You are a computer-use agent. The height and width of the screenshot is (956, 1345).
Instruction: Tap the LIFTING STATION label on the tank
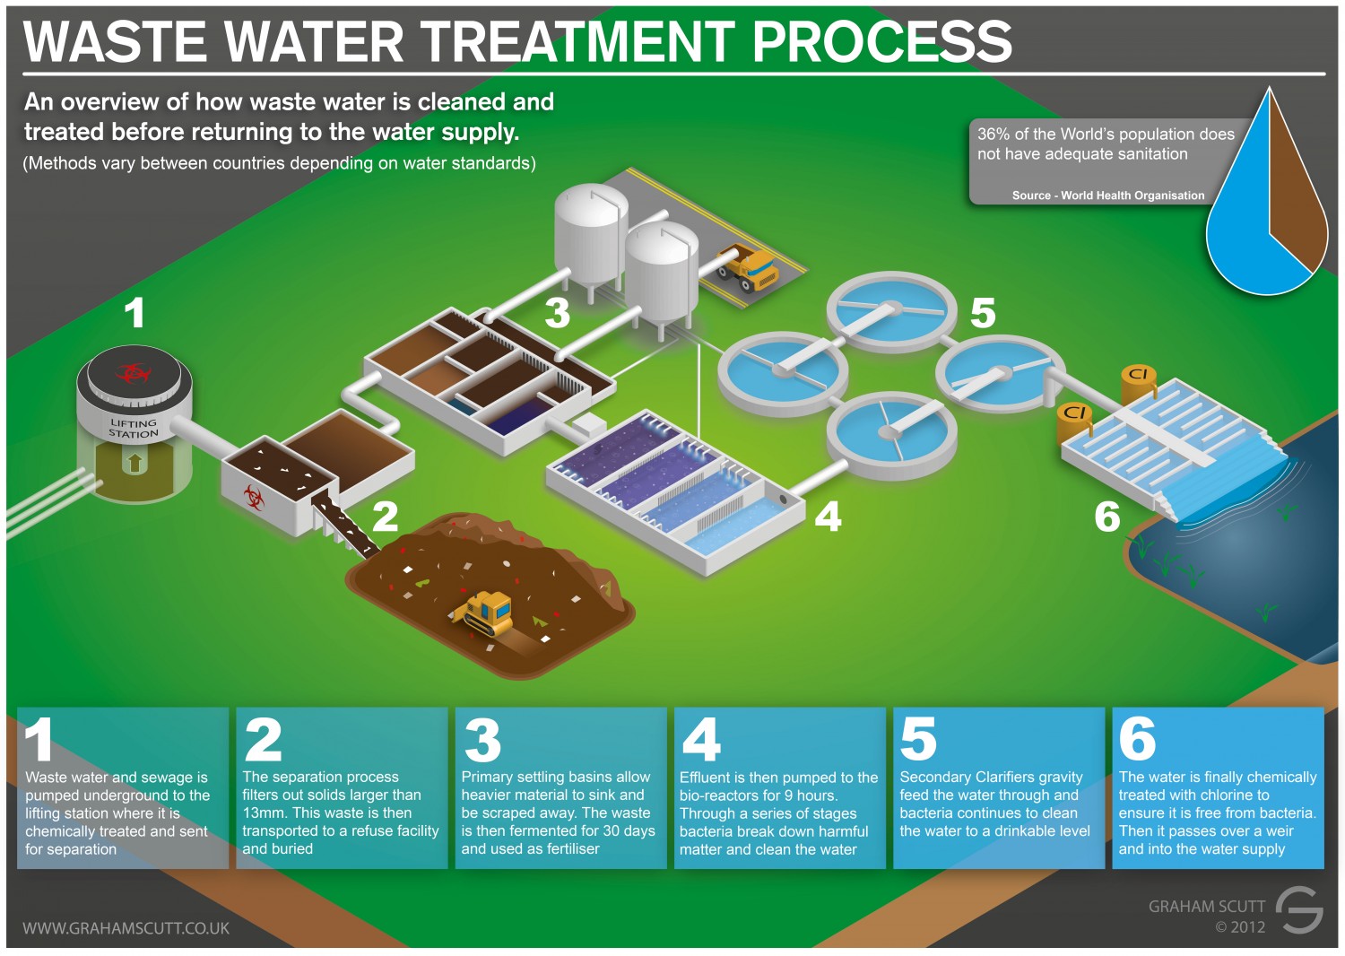coord(134,428)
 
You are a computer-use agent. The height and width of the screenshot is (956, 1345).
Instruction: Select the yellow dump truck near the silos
coord(748,267)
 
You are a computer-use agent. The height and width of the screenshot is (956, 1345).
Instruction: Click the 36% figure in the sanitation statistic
coord(993,135)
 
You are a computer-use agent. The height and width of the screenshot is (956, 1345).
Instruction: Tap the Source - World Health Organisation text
coord(1108,196)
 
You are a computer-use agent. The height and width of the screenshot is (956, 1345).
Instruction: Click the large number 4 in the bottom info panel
coord(701,740)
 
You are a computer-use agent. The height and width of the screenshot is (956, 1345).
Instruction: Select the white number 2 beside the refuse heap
coord(386,516)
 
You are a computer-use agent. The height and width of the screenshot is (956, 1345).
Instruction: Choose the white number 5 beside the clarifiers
coord(983,313)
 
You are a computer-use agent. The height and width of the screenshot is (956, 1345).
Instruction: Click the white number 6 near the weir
coord(1107,517)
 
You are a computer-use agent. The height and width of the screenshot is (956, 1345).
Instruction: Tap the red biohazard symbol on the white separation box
coord(254,494)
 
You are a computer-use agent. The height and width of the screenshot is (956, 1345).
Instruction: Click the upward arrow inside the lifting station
coord(134,463)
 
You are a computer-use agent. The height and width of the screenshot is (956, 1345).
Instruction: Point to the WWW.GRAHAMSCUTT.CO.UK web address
coord(126,928)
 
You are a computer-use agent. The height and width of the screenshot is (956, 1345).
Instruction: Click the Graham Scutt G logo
coord(1299,909)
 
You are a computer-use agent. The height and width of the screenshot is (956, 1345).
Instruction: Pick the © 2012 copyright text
coord(1240,927)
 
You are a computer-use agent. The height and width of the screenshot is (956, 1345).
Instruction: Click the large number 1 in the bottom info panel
coord(39,740)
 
